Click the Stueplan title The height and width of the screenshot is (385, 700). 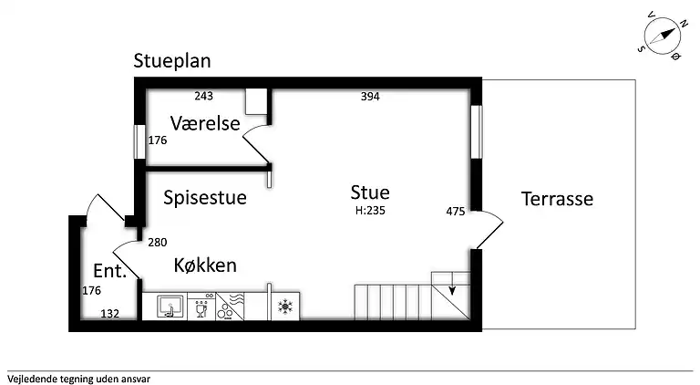pyautogui.click(x=172, y=62)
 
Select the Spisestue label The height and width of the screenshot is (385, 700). pyautogui.click(x=205, y=197)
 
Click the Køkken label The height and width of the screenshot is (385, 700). pyautogui.click(x=205, y=265)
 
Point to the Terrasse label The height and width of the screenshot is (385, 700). pyautogui.click(x=557, y=198)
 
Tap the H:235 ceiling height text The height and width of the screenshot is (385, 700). pyautogui.click(x=371, y=210)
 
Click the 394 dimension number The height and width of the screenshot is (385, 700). pyautogui.click(x=369, y=96)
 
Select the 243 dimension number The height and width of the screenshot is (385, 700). pyautogui.click(x=204, y=96)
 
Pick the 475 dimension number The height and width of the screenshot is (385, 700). pyautogui.click(x=456, y=212)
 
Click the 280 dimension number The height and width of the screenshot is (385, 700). pyautogui.click(x=157, y=242)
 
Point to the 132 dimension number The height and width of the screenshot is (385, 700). pyautogui.click(x=110, y=314)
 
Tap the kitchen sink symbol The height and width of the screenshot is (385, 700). pyautogui.click(x=170, y=307)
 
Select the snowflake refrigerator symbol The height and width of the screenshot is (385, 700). pyautogui.click(x=284, y=307)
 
